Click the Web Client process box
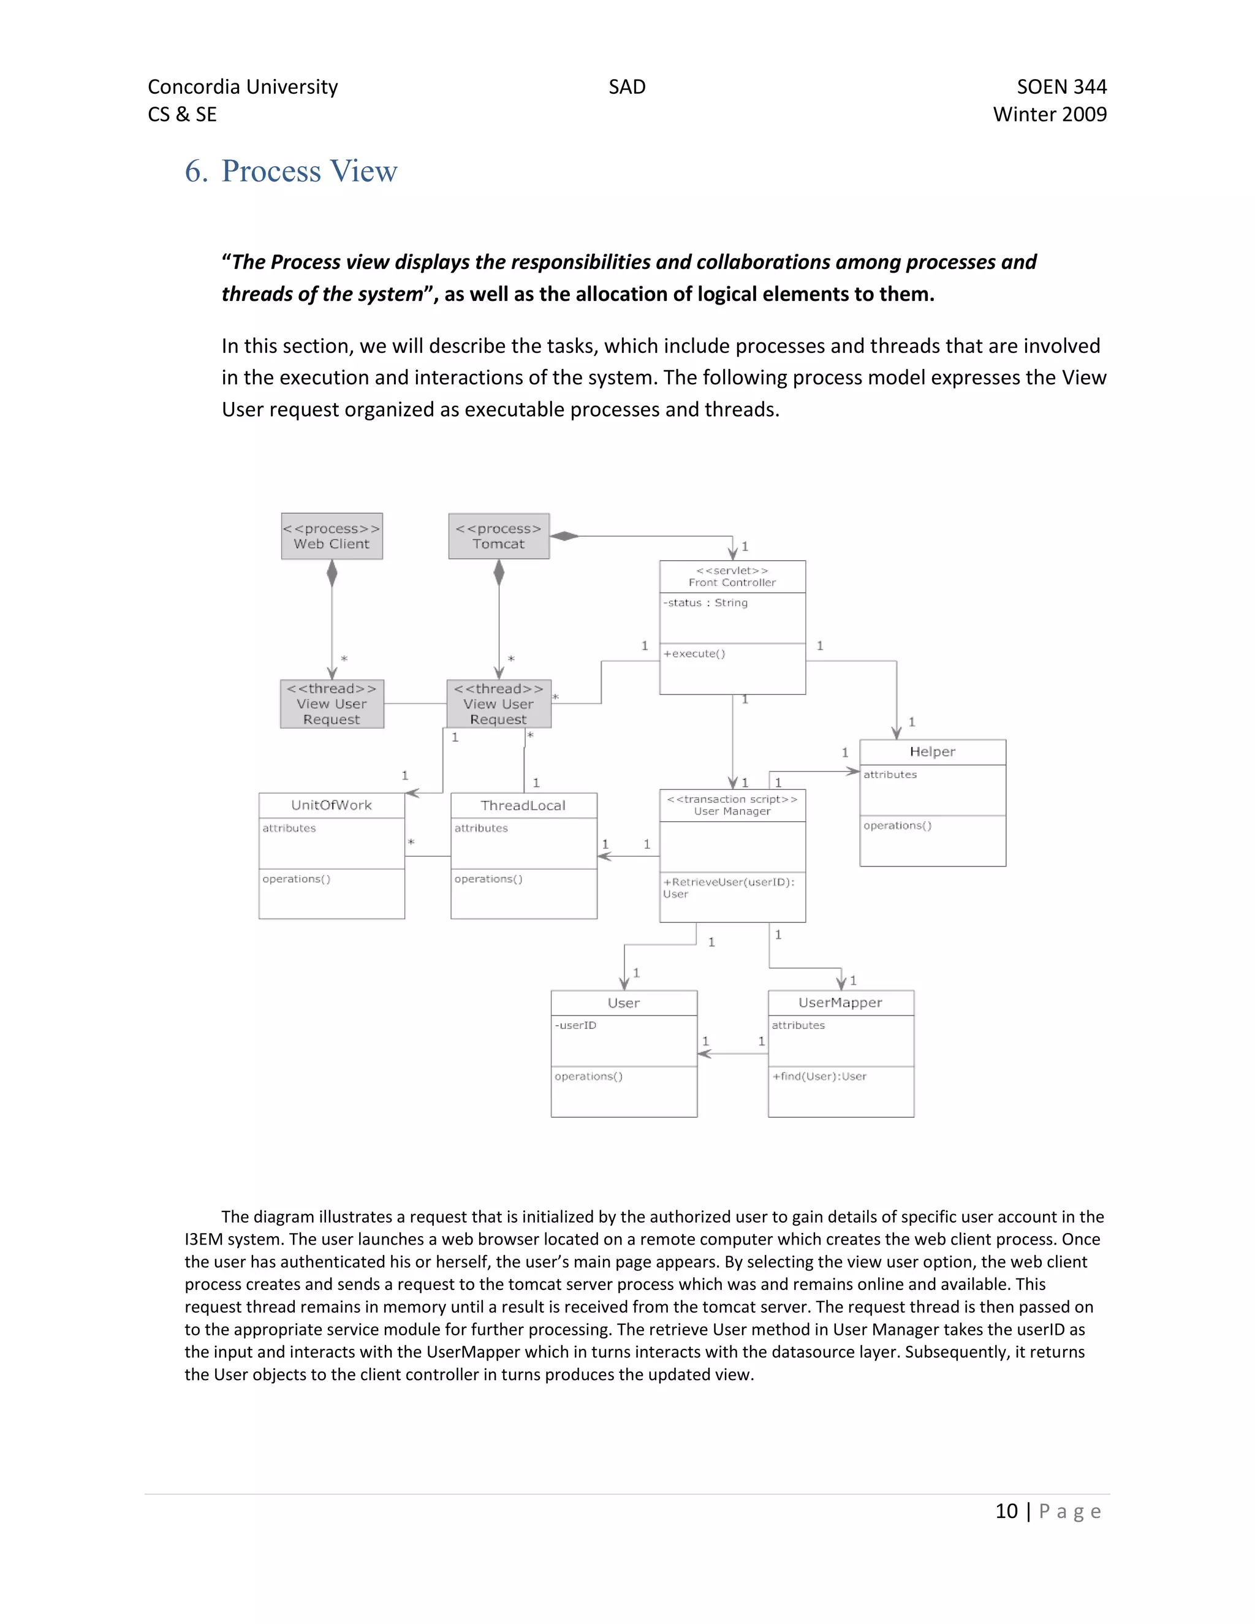coord(332,536)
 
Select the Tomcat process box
coord(499,536)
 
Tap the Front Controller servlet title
coord(732,577)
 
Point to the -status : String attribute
coord(705,603)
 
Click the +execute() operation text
coord(694,654)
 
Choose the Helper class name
coord(932,752)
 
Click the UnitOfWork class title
coord(332,805)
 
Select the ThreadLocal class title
coord(523,805)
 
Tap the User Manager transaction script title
coord(732,805)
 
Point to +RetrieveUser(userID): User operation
coord(729,888)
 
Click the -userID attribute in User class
coord(575,1025)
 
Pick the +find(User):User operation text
coord(819,1077)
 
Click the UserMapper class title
coord(840,1003)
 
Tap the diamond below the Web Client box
coord(332,574)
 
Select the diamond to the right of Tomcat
coord(564,536)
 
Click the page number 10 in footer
coord(1007,1512)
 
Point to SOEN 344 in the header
coord(1062,87)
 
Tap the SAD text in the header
coord(627,87)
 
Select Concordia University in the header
coord(243,87)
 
